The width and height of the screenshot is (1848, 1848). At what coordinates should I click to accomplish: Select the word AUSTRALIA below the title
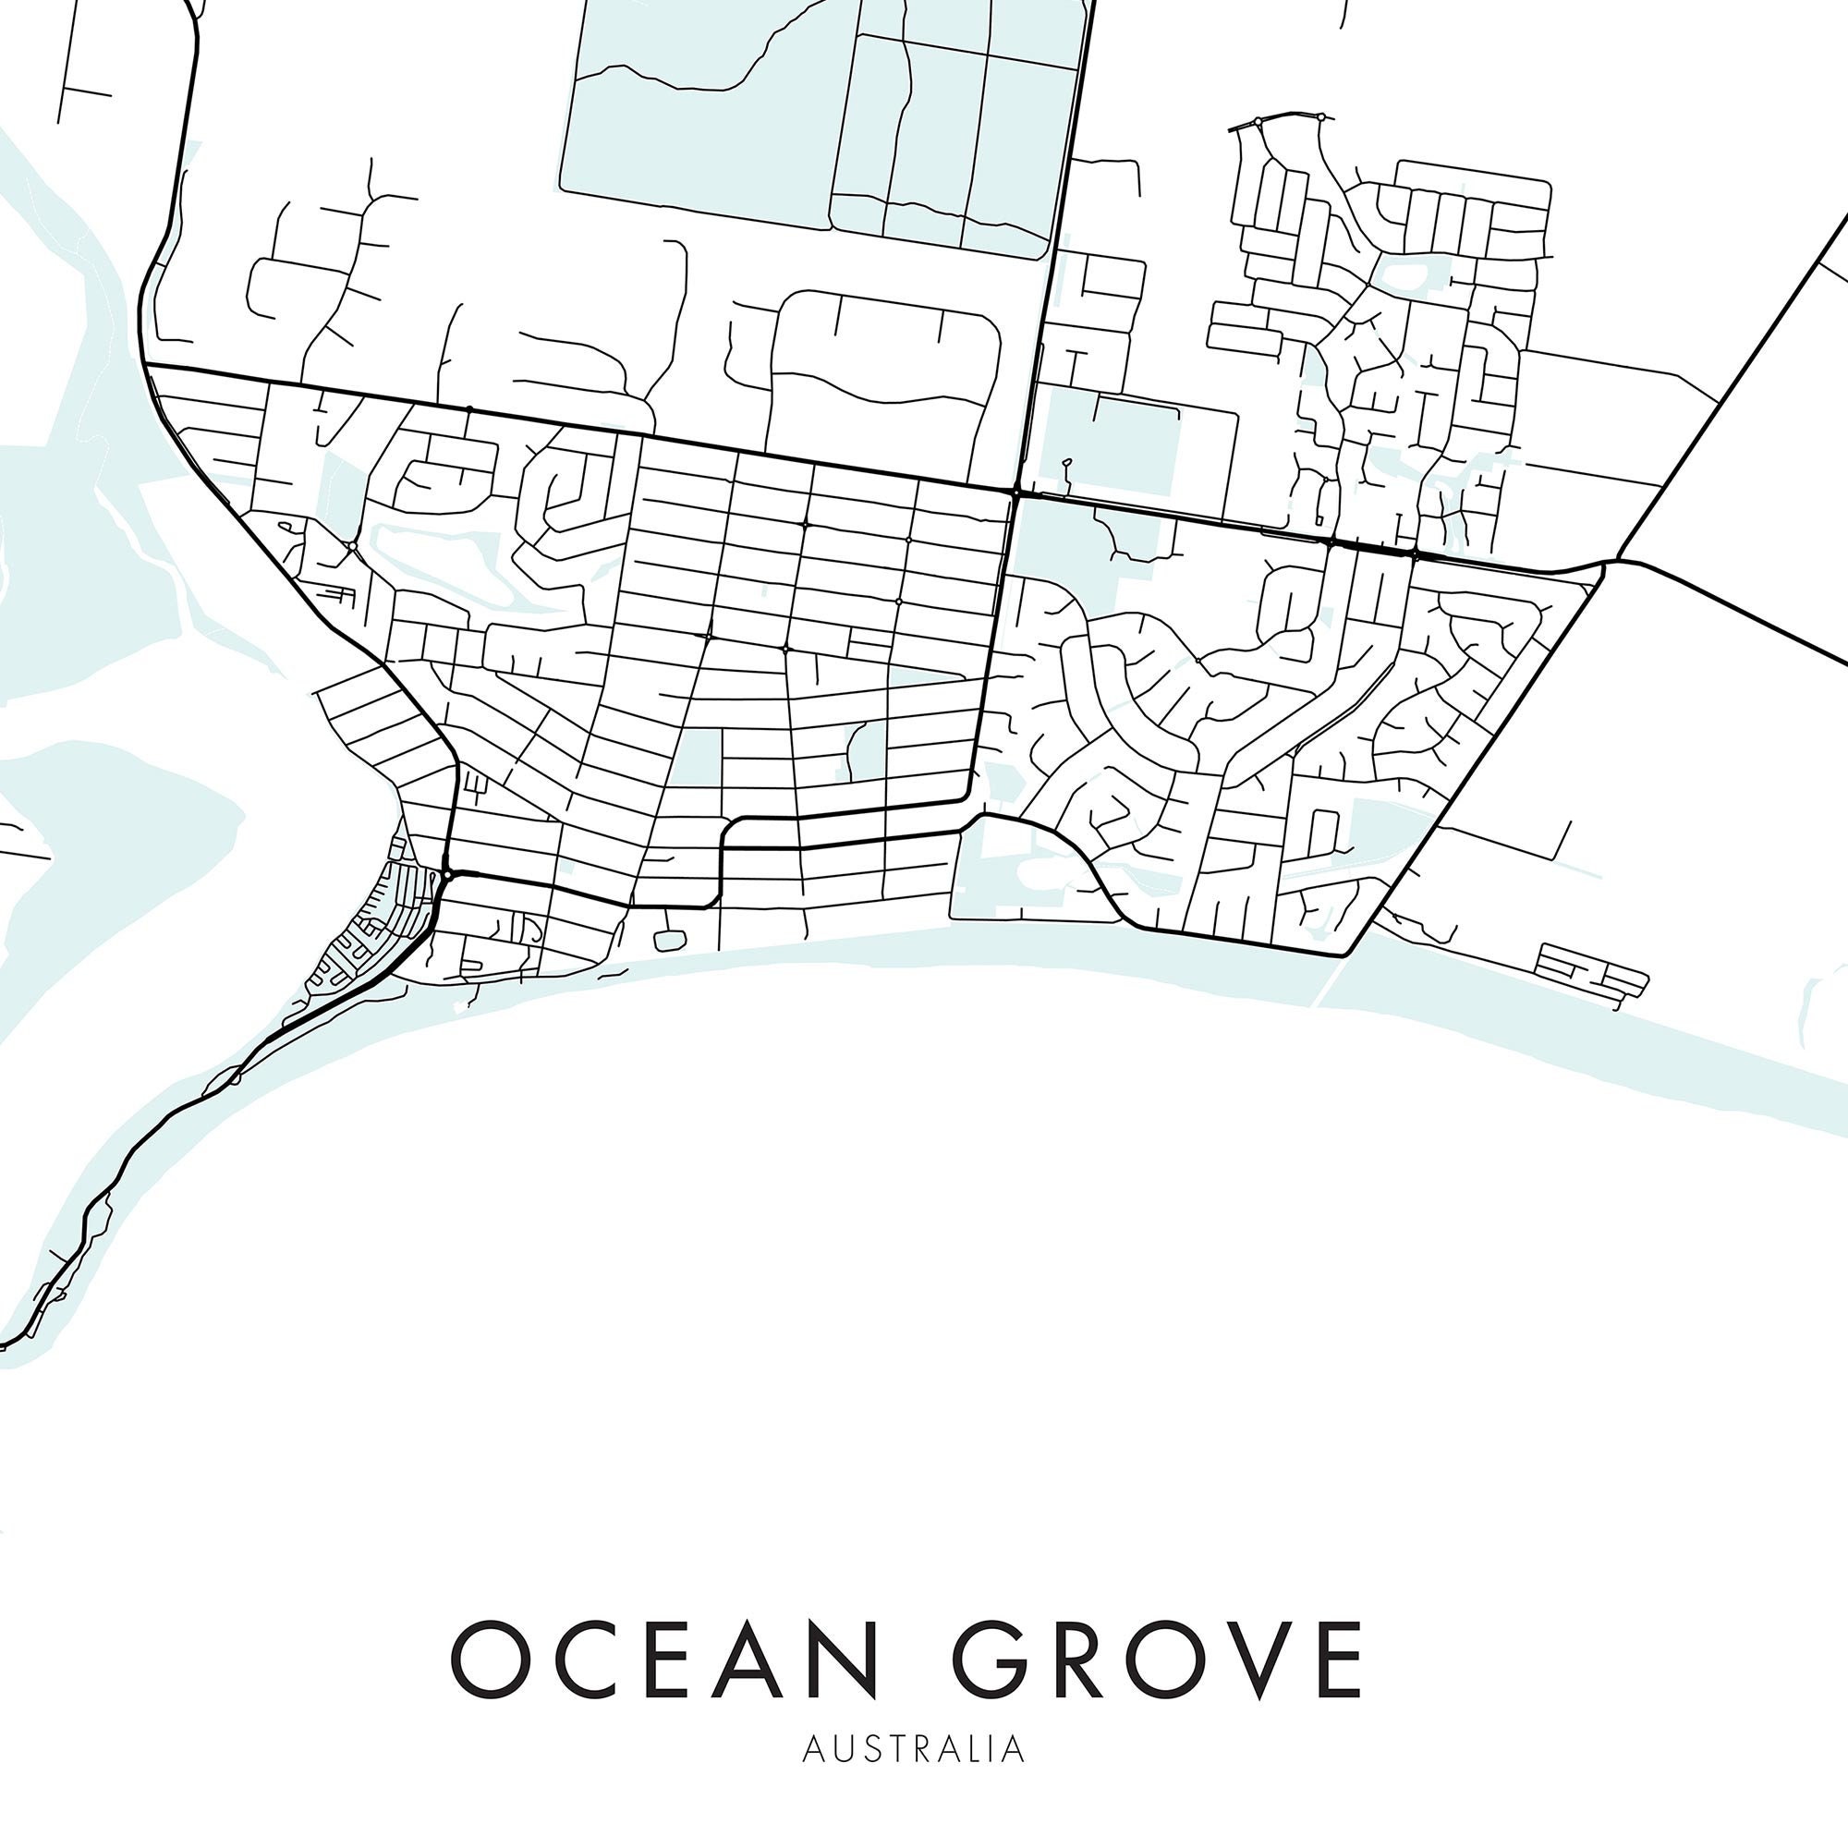click(915, 1749)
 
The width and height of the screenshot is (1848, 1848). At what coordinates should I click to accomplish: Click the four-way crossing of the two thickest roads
click(1015, 492)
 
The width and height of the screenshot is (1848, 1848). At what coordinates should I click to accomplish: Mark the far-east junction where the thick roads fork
click(1607, 563)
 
